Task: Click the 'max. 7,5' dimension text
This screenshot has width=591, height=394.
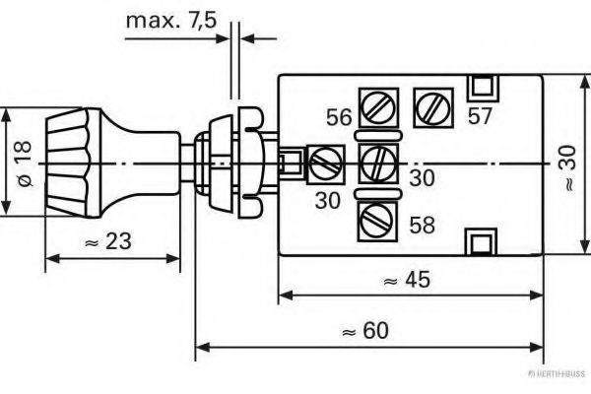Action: tap(168, 22)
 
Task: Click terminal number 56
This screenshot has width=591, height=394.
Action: tap(339, 118)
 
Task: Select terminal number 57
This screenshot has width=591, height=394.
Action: tap(480, 116)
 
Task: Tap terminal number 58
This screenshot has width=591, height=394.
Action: tap(422, 226)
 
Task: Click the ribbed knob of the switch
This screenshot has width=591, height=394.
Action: tap(70, 162)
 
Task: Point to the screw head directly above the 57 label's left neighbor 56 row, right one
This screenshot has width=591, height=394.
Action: tap(431, 103)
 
